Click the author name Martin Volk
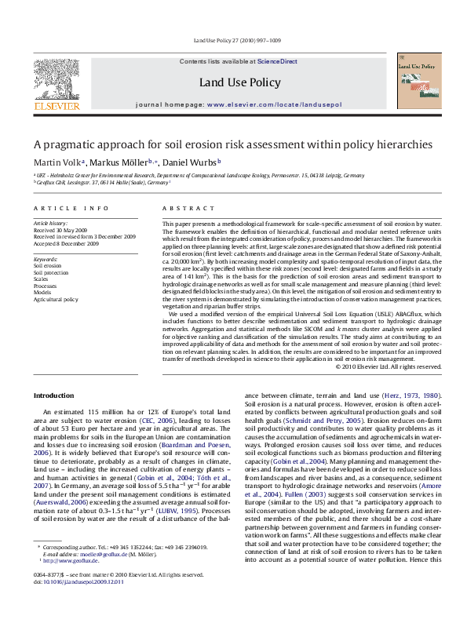56,163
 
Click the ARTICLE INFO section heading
71,208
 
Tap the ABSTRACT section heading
184,208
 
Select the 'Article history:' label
50,224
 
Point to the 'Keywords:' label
46,259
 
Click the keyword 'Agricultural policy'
56,299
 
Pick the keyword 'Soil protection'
51,272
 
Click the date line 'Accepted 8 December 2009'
66,243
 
